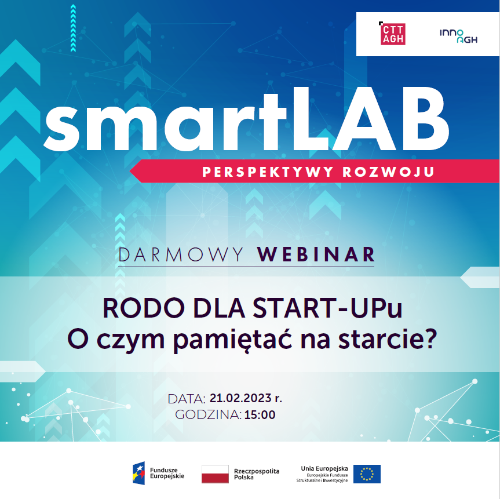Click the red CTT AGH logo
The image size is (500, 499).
[392, 34]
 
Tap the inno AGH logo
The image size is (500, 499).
[458, 36]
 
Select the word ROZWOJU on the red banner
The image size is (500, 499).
[388, 172]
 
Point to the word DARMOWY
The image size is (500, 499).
[181, 255]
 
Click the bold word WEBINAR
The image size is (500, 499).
[316, 254]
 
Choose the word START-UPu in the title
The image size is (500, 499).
[328, 308]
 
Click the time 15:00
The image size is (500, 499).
[260, 415]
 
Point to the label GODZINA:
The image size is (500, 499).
[208, 415]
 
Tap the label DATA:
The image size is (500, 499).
[187, 399]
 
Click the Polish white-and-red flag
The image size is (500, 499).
[216, 474]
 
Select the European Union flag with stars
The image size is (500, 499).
[367, 474]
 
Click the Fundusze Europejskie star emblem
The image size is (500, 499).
[138, 473]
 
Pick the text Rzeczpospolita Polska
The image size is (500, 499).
[257, 474]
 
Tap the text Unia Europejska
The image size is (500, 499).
[324, 468]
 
